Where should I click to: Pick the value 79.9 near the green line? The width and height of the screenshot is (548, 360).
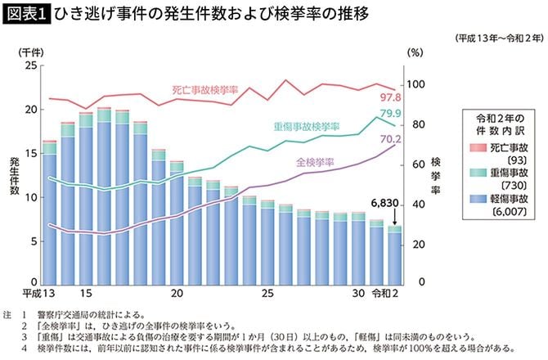coord(390,114)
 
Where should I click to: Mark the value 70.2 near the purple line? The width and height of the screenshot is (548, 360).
coord(390,139)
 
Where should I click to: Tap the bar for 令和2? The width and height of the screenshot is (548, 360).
coord(394,255)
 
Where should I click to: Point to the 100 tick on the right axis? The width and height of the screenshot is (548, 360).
coord(416,85)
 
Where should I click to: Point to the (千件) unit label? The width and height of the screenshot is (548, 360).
coord(31,51)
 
